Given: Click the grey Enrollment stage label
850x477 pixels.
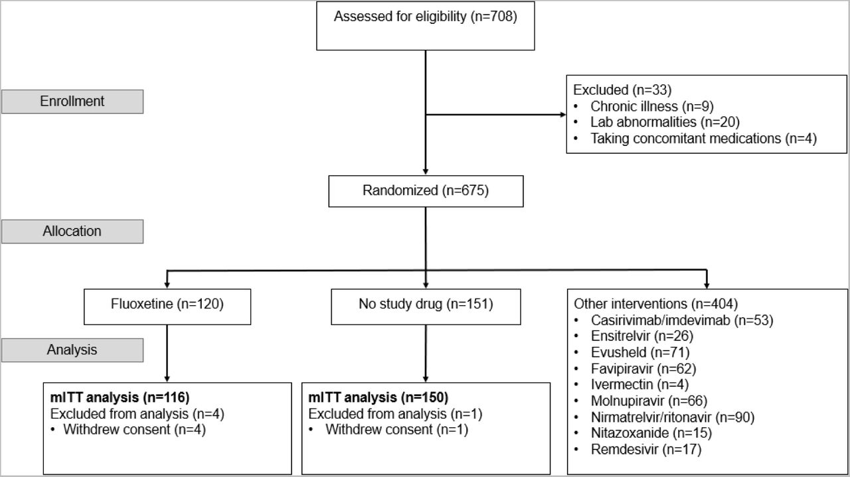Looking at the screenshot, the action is pyautogui.click(x=72, y=102).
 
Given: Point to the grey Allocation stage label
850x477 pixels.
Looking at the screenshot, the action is pyautogui.click(x=72, y=232).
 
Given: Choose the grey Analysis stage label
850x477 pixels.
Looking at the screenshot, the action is pyautogui.click(x=72, y=350).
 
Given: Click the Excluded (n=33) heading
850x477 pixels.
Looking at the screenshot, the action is pyautogui.click(x=622, y=90).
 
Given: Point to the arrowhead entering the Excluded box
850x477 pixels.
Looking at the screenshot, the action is pyautogui.click(x=563, y=115).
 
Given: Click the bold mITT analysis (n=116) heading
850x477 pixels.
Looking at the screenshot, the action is pyautogui.click(x=120, y=398).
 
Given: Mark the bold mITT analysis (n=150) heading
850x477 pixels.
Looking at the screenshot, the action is pyautogui.click(x=379, y=398).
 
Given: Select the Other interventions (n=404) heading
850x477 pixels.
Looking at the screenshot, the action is pyautogui.click(x=655, y=304).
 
